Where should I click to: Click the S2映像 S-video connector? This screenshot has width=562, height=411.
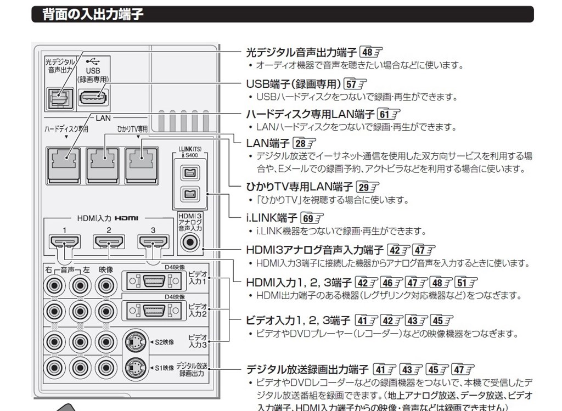(x=135, y=342)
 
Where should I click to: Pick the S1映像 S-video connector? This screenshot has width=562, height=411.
(x=135, y=367)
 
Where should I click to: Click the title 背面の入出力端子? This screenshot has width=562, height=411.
(x=93, y=14)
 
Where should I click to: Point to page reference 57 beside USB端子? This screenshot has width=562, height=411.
(x=355, y=85)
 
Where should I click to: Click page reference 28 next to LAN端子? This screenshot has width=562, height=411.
(x=305, y=144)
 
